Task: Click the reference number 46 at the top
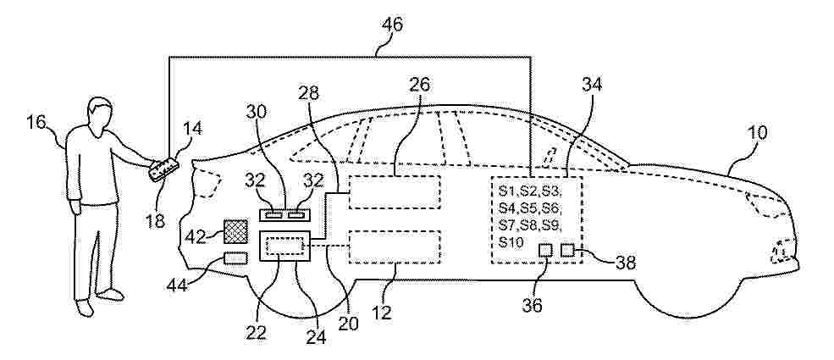[x=392, y=25]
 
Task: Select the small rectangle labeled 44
[x=235, y=258]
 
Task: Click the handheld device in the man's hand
[x=163, y=169]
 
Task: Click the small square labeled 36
[x=546, y=249]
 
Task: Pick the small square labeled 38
[x=568, y=249]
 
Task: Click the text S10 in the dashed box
[x=511, y=242]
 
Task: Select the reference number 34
[x=592, y=84]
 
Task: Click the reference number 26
[x=421, y=84]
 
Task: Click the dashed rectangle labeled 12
[x=394, y=246]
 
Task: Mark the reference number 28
[x=309, y=93]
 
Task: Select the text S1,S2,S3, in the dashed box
[x=530, y=191]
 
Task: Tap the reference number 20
[x=347, y=323]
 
